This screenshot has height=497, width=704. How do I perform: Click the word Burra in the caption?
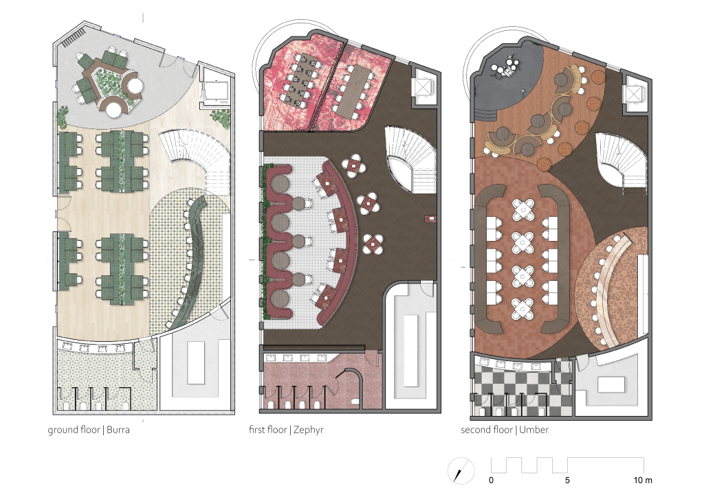point(118,429)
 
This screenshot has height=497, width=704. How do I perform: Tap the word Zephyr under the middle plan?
point(309,430)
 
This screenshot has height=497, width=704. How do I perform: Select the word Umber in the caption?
point(533,429)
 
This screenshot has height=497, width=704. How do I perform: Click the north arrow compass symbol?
point(461,470)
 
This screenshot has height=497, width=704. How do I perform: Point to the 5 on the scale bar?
point(567,480)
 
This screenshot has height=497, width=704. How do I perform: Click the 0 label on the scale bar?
point(491,480)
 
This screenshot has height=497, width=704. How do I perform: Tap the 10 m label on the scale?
point(643,480)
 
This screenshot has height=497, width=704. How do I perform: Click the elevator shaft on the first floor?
point(423,86)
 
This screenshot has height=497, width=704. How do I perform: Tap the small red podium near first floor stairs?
point(431,219)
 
